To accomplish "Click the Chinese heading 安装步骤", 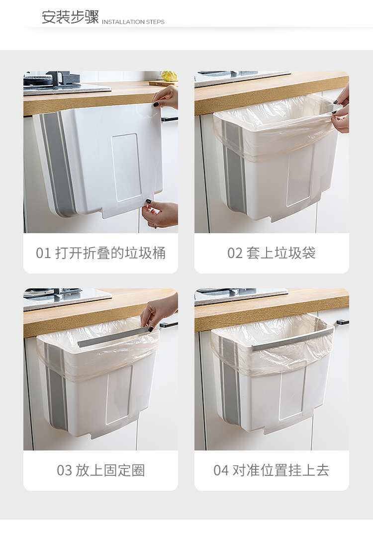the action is [70, 17].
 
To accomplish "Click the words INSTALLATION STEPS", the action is [133, 22].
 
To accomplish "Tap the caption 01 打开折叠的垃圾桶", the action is [100, 253].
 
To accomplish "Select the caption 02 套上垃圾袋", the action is [272, 253].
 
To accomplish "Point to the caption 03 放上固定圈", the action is [100, 470].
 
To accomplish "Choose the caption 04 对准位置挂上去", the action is [272, 470].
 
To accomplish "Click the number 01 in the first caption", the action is [43, 254].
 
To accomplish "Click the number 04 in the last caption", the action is [221, 470].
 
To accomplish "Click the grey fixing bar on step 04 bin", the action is [292, 340].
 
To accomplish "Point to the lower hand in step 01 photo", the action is [160, 214].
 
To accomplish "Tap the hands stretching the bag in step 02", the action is [341, 109].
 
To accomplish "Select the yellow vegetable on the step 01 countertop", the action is [169, 76].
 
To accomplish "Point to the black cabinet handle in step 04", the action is [343, 322].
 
